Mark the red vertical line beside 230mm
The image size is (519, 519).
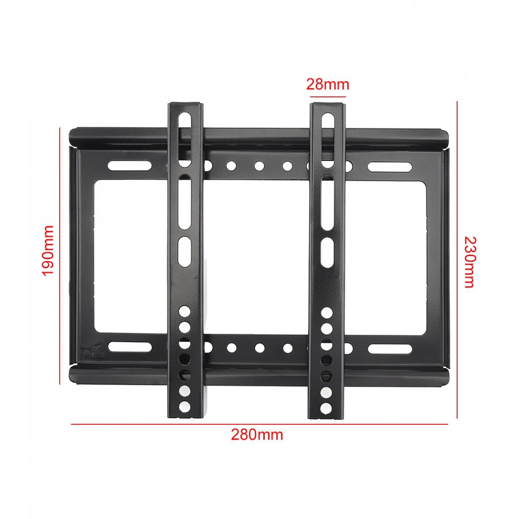coord(457,262)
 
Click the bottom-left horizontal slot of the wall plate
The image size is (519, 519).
coord(128,347)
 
